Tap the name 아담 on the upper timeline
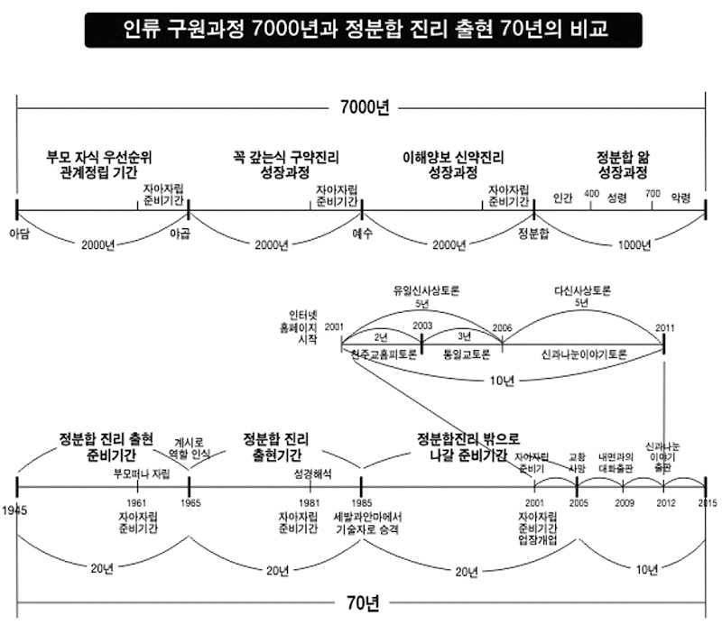(x=18, y=233)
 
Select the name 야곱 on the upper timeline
(x=181, y=233)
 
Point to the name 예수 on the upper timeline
(x=362, y=233)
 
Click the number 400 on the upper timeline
(x=591, y=195)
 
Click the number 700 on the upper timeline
(x=653, y=195)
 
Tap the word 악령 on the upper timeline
(x=681, y=197)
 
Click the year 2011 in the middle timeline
(x=664, y=326)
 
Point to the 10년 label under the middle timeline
(x=500, y=378)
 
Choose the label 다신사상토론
(x=583, y=290)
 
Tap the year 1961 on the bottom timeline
(x=137, y=502)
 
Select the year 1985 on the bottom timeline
(x=361, y=502)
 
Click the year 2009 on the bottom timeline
(x=625, y=502)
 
